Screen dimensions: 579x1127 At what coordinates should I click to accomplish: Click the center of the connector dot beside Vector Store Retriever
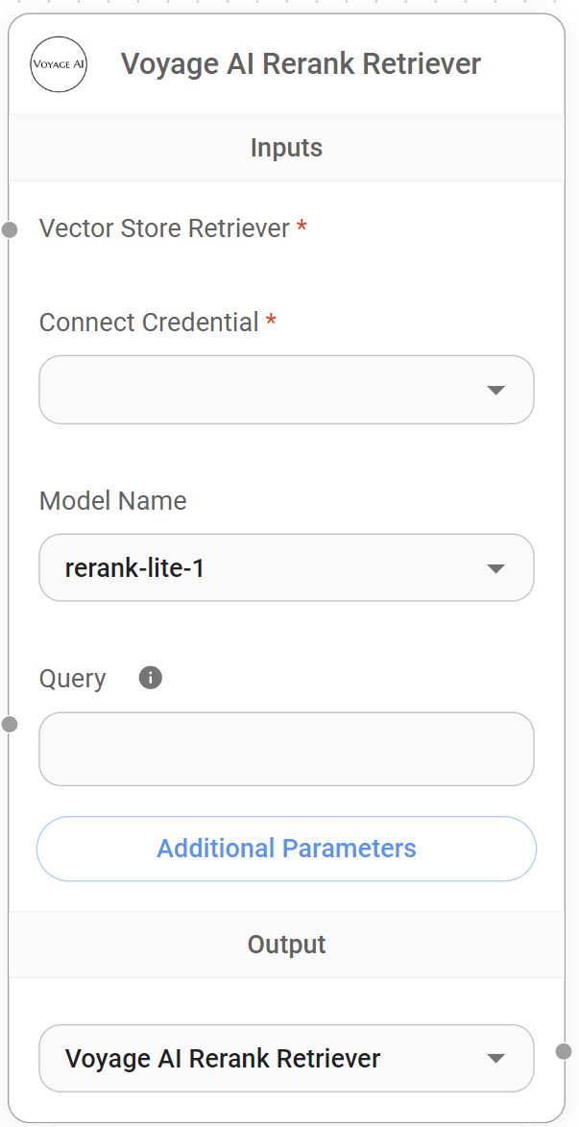tap(10, 230)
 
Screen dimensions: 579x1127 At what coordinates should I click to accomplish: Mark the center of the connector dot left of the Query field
tap(10, 724)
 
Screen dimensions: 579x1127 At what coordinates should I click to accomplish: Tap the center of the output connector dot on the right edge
tap(564, 1051)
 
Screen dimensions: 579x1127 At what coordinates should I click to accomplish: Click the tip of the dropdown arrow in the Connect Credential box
tap(495, 396)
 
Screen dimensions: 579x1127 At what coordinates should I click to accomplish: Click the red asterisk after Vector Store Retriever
tap(302, 227)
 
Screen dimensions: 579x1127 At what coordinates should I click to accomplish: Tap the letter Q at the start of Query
tap(47, 679)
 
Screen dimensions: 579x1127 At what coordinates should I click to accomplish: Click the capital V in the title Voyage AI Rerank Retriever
tap(130, 63)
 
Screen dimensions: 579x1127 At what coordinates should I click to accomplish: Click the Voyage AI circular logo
tap(59, 64)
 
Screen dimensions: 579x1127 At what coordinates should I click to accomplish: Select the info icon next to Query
tap(151, 677)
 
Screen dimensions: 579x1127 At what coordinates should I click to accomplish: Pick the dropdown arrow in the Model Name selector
tap(495, 568)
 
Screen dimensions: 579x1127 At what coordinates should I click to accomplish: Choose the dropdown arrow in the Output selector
tap(495, 1058)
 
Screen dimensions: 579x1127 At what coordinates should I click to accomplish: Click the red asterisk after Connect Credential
tap(271, 320)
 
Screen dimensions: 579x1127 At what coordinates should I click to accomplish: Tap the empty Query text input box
tap(286, 749)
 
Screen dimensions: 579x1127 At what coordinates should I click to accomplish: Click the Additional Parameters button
tap(286, 849)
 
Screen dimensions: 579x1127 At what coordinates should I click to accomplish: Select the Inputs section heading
tap(286, 147)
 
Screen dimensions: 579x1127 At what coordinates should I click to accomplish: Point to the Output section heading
tap(286, 945)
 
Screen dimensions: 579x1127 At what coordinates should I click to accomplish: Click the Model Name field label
tap(113, 500)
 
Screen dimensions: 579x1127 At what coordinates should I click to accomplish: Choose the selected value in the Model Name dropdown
tap(134, 568)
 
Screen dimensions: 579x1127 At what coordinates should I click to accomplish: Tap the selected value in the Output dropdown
tap(222, 1058)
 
